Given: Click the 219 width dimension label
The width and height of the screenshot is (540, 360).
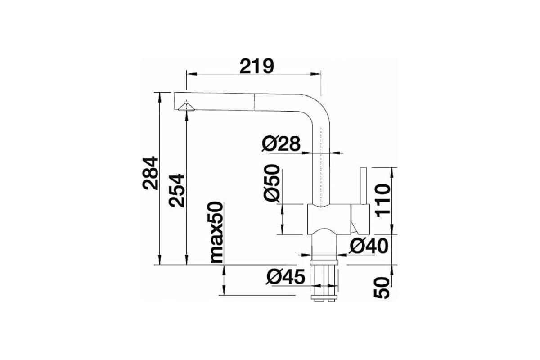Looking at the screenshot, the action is [257, 66].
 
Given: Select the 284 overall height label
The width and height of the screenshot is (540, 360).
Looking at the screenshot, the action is [150, 173].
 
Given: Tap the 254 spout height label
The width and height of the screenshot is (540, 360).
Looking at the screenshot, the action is [177, 190].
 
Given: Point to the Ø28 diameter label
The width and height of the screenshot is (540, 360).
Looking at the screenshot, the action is [281, 144].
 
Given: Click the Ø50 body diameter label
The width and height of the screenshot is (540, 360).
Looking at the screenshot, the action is [272, 183].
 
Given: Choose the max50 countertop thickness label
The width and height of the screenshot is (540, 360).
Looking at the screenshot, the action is [217, 232].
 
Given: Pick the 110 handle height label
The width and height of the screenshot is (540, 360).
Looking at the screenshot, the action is [383, 200].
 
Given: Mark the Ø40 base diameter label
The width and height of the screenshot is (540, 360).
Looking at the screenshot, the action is [369, 246].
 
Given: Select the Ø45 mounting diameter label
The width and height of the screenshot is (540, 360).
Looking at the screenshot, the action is [286, 277].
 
